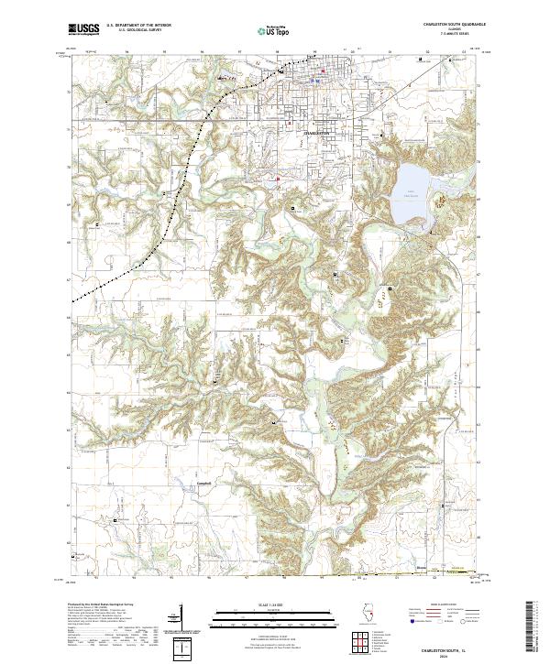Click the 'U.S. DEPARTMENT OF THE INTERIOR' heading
coord(138,26)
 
